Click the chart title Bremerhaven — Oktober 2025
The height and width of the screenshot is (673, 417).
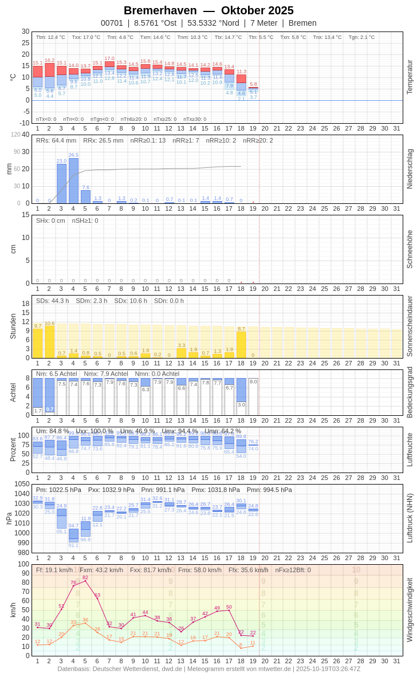coord(208,10)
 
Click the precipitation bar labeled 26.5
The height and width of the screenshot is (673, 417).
coord(73,180)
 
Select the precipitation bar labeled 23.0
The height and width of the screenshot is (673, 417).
coord(61,183)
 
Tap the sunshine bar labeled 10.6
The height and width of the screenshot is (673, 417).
coord(49,342)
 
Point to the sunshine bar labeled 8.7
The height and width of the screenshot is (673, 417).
coord(241,345)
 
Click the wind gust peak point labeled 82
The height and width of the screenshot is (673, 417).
coord(85,581)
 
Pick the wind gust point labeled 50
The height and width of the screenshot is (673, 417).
coord(229,610)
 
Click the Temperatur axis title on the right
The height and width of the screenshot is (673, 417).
coord(410,77)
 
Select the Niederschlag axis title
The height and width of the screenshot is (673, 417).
coord(410,169)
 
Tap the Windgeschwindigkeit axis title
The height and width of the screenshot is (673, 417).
coord(410,609)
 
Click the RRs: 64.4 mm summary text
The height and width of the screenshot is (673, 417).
coord(56,140)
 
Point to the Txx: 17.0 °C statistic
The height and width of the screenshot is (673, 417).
coord(86,37)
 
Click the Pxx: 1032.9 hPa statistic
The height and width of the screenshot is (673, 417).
coord(111,490)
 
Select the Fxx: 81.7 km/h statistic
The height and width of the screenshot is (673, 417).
coord(147,570)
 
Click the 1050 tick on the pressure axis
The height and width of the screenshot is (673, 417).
coord(22,484)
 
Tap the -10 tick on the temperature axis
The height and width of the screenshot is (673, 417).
coord(24,123)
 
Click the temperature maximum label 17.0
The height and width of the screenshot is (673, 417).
coord(109,58)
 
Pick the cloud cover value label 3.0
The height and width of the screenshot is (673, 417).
coord(242,405)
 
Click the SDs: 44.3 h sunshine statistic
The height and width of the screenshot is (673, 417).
coord(53,301)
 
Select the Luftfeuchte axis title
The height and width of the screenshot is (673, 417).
coord(410,450)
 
